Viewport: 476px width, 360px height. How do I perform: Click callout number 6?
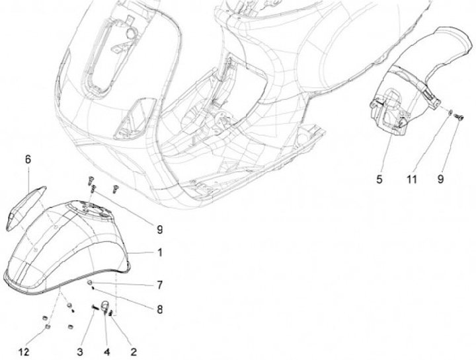click(28, 160)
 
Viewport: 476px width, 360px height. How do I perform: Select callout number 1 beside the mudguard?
click(160, 252)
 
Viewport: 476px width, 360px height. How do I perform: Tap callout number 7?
click(159, 285)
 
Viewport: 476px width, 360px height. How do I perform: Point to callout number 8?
click(159, 309)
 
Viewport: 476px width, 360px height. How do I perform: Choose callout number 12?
click(24, 352)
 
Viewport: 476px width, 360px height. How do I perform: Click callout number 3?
click(79, 352)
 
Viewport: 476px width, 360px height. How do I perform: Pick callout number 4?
click(107, 352)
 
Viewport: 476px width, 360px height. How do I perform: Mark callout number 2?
click(134, 352)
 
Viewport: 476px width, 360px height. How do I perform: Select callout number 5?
click(379, 179)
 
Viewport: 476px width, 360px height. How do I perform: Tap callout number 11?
click(412, 179)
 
